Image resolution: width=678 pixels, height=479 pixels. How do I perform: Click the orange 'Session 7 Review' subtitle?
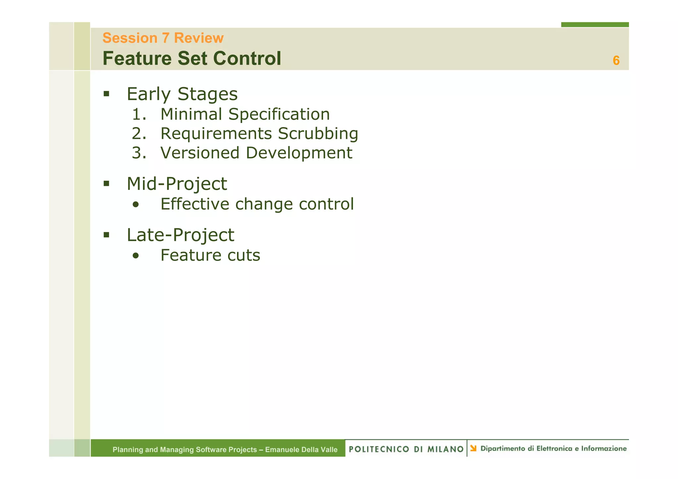(163, 38)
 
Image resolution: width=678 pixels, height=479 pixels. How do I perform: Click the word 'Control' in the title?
(247, 59)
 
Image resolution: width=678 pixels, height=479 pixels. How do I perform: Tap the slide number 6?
(616, 61)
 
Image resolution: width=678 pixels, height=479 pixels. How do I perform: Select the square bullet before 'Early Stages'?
(106, 94)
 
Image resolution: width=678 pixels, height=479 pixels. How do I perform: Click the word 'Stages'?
(208, 94)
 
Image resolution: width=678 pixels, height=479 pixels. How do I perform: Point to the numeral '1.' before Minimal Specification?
(139, 114)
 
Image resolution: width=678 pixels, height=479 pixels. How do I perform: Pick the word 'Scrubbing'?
(318, 134)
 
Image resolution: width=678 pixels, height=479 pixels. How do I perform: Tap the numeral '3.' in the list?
(139, 153)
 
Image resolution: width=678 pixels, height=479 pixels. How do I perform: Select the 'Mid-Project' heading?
(177, 184)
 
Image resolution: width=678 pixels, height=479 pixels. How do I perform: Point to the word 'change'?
(264, 204)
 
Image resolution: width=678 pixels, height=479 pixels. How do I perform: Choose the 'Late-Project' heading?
(180, 235)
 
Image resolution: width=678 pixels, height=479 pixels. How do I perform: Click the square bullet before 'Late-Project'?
(106, 235)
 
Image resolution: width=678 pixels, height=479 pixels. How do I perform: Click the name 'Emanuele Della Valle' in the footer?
(301, 450)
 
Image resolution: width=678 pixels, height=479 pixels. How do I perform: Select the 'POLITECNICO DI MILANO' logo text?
(406, 449)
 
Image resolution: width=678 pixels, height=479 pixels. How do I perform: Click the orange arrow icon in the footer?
(473, 449)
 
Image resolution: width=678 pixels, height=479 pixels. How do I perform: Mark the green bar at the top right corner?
(595, 24)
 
